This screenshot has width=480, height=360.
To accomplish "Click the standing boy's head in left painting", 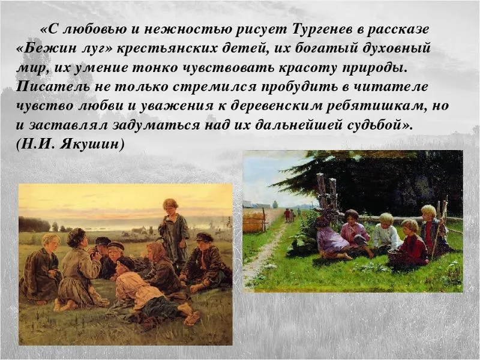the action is (x=170, y=206).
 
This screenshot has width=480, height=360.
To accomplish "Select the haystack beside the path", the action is (x=254, y=220).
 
